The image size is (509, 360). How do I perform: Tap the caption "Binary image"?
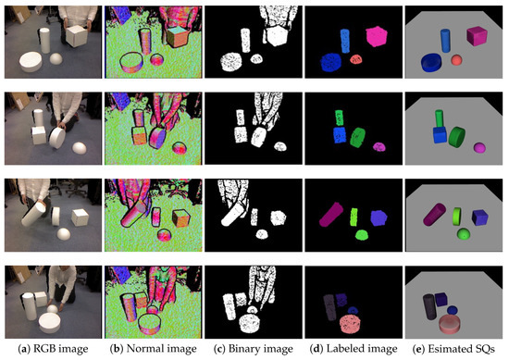pyautogui.click(x=250, y=349)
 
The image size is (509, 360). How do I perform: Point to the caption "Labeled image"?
pyautogui.click(x=350, y=349)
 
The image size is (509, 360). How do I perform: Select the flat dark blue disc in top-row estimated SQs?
pyautogui.click(x=432, y=62)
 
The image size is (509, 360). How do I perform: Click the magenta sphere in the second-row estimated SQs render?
pyautogui.click(x=478, y=148)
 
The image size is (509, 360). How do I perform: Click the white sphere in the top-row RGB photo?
pyautogui.click(x=58, y=59)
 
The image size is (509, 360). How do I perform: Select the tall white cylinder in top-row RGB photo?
pyautogui.click(x=43, y=41)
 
